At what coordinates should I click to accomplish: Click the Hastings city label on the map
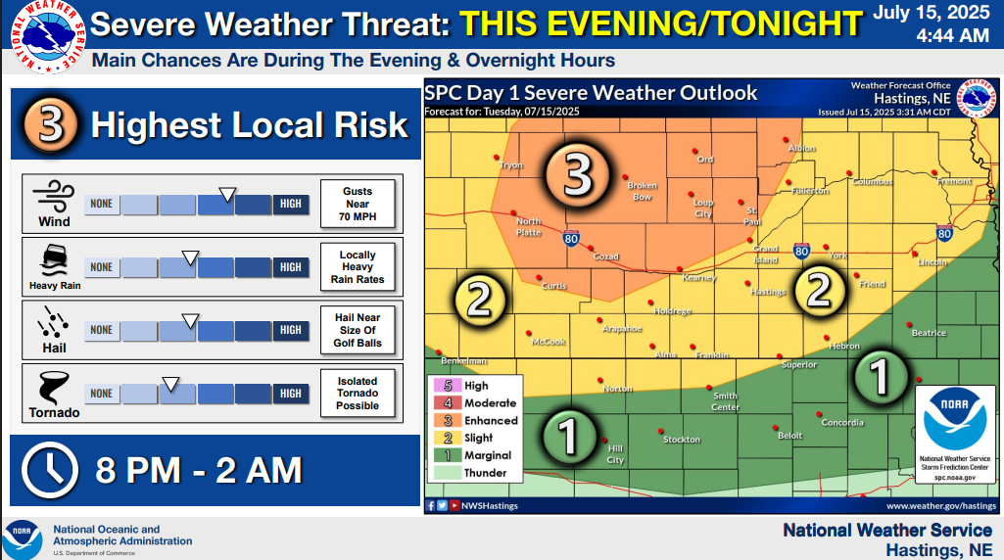(x=768, y=292)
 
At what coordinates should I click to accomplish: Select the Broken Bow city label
(x=642, y=191)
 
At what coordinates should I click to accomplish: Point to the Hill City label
(x=615, y=455)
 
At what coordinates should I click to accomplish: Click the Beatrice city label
(x=929, y=333)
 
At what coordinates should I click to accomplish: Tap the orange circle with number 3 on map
(x=578, y=177)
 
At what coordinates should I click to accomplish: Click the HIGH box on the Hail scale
(x=291, y=330)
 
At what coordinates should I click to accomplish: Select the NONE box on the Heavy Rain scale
(x=102, y=267)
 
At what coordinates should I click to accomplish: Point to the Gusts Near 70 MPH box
(x=358, y=204)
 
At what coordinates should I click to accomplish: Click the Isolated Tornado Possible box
(x=358, y=393)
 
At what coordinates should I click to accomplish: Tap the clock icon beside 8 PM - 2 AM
(x=50, y=470)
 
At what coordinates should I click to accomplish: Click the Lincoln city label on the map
(x=932, y=262)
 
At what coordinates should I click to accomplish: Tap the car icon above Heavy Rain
(x=50, y=259)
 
